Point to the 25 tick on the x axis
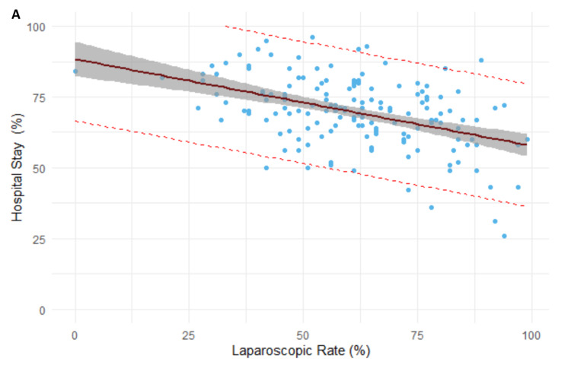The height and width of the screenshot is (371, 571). (189, 335)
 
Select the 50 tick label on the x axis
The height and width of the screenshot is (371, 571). (303, 335)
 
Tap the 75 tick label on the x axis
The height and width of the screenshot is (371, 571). (417, 335)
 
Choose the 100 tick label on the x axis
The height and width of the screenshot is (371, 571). (531, 335)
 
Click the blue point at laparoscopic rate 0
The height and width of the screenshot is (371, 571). (75, 71)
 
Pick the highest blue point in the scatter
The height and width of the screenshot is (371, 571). (312, 37)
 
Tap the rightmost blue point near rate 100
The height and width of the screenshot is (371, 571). (528, 139)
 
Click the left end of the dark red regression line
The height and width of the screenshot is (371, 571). (75, 59)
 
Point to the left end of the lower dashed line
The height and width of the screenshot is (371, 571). (75, 121)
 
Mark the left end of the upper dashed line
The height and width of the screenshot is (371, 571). (225, 26)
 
